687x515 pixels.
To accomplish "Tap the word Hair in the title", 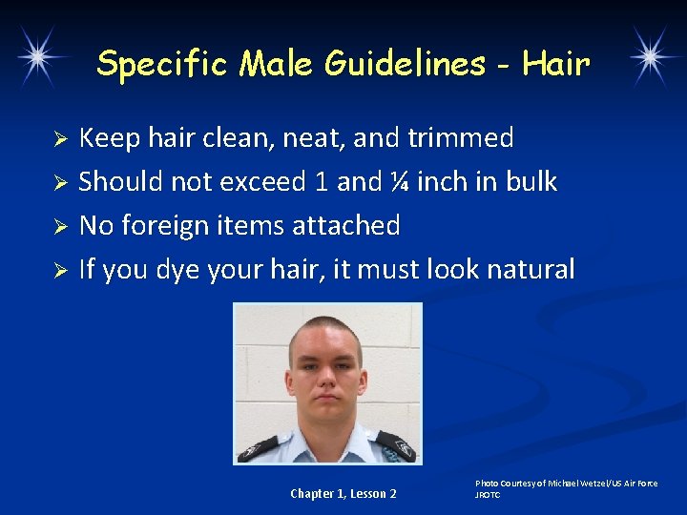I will click(x=556, y=65).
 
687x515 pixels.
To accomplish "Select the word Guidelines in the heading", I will click(x=405, y=65).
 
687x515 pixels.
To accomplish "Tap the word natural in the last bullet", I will click(x=531, y=270).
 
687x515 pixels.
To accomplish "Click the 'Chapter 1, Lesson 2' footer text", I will click(x=343, y=494).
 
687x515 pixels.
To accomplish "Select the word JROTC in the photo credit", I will click(x=488, y=495).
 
